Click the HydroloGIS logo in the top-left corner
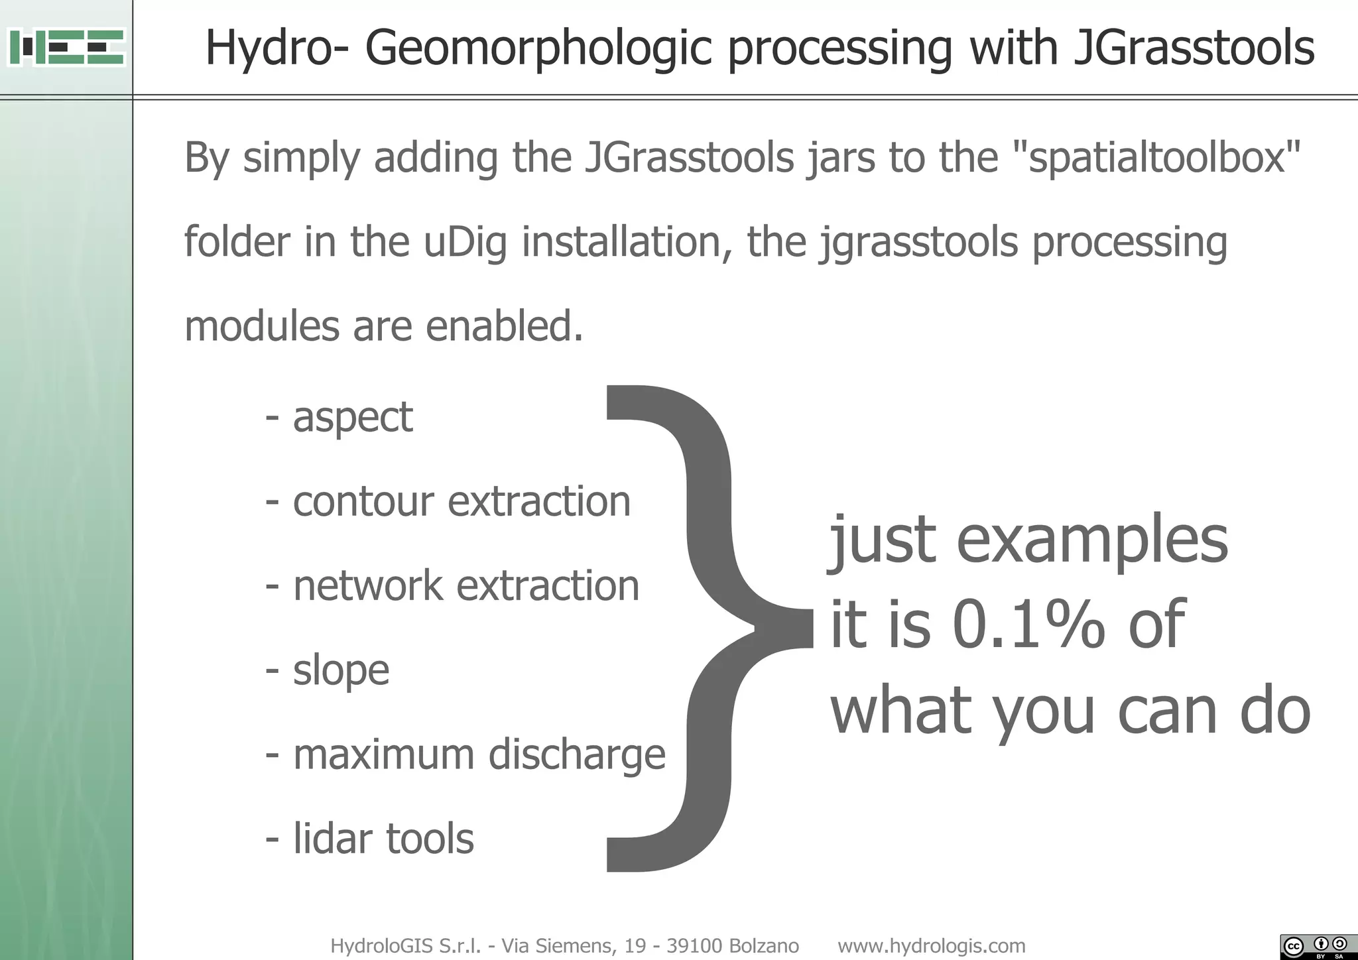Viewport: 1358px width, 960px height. click(x=66, y=47)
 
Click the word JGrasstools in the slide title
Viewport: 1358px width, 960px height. click(x=1193, y=48)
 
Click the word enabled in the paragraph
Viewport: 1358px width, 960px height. click(x=504, y=326)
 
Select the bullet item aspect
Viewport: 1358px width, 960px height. click(x=352, y=417)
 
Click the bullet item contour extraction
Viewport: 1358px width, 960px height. click(x=461, y=501)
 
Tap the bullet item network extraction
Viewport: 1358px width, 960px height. click(x=465, y=586)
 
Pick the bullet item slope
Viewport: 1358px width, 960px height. click(x=341, y=670)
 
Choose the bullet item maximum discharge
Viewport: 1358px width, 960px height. click(x=479, y=754)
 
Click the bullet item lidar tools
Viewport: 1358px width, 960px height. click(x=383, y=839)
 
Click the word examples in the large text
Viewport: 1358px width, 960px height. click(x=1092, y=539)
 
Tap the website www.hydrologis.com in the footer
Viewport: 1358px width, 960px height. click(x=931, y=945)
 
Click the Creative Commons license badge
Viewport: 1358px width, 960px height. click(x=1318, y=946)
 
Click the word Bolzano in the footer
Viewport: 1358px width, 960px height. click(x=764, y=945)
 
